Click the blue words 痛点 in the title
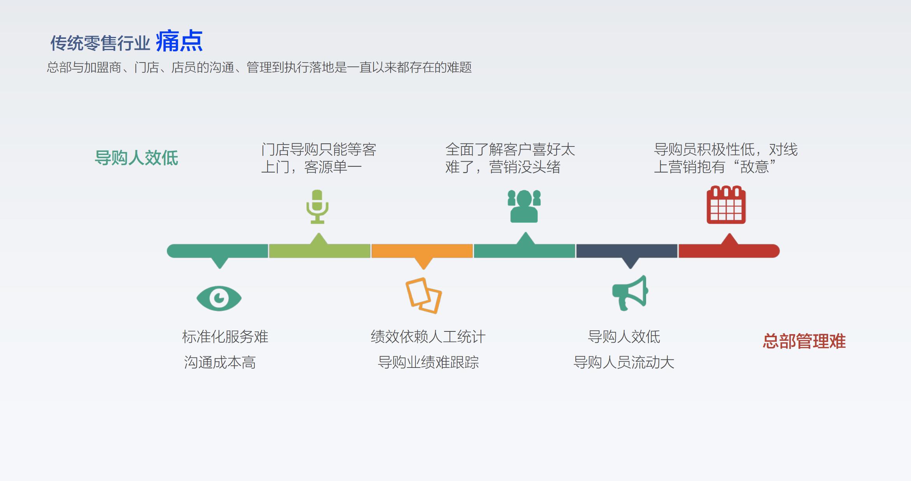coord(179,41)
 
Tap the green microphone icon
coord(317,206)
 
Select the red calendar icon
coord(726,205)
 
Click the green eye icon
coord(219,298)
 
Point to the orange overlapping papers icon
coord(423,295)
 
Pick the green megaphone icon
coord(630,293)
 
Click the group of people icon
coord(524,206)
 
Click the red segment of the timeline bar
coord(729,249)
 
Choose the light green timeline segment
coord(319,249)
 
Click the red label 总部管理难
coord(804,341)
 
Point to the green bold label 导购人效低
coord(137,158)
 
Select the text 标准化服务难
coord(225,336)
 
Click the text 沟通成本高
coord(220,362)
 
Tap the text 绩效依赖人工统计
coord(428,336)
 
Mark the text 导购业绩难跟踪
coord(428,362)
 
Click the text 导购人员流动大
coord(624,362)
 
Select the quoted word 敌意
coord(754,167)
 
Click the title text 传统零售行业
coord(100,43)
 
